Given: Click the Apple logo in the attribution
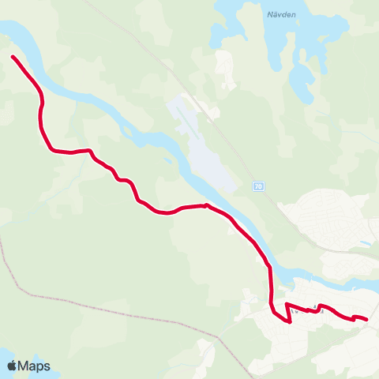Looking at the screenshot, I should (12, 366).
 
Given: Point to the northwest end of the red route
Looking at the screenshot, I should (13, 57).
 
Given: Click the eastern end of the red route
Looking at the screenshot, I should (366, 319).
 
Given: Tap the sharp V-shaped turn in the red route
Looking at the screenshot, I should (289, 320).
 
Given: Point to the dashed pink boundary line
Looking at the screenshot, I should (95, 305).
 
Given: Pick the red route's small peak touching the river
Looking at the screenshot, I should (206, 205).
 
